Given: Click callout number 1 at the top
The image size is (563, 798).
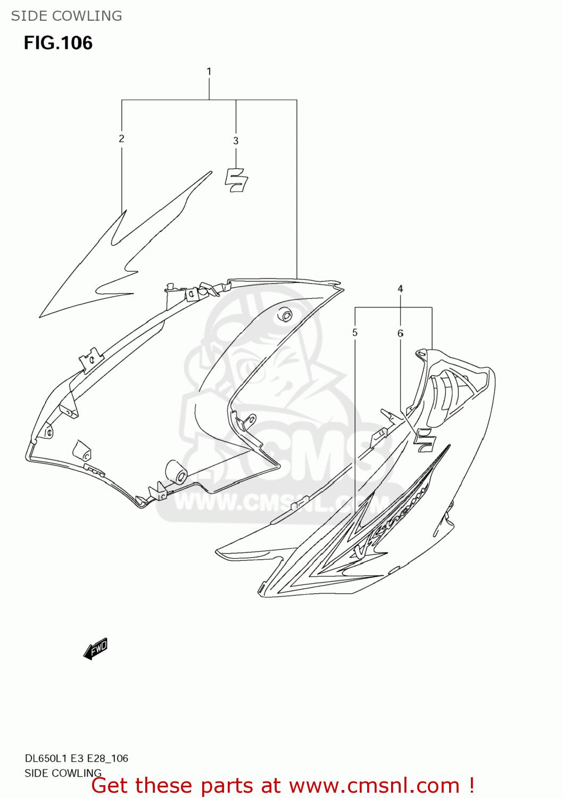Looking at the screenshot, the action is coord(209,71).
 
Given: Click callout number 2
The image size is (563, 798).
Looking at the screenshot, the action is coord(121,138).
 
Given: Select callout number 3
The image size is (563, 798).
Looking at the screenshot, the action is coord(236,140).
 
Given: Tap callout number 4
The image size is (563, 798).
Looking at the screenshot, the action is coord(400,288).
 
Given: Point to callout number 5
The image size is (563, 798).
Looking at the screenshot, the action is coord(355,332).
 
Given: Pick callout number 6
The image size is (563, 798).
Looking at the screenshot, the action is coord(400,333).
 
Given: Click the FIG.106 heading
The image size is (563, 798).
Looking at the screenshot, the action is coord(58,43).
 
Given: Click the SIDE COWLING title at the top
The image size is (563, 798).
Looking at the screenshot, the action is coord(67,16).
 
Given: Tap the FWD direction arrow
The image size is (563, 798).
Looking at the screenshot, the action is coord(96,649).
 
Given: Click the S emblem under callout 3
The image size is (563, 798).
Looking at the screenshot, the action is coord(236,180).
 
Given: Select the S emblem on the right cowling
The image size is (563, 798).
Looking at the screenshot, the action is coord(425,437).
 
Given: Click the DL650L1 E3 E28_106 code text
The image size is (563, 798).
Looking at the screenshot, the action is coord(76,758).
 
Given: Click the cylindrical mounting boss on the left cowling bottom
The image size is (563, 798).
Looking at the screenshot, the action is coord(176,472).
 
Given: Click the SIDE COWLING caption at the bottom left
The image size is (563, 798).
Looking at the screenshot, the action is coord(63,773).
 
